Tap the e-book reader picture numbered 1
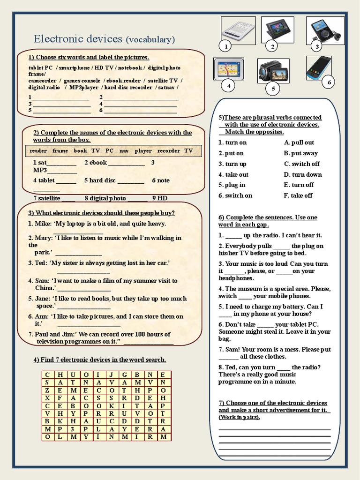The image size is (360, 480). (x=238, y=30)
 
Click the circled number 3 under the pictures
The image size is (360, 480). (x=317, y=46)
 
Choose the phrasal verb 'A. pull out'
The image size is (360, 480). (x=299, y=142)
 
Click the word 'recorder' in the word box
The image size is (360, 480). (x=169, y=151)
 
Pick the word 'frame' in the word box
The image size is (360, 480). (x=60, y=151)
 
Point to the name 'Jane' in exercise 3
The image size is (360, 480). (x=41, y=299)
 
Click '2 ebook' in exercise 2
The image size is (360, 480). (x=96, y=163)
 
